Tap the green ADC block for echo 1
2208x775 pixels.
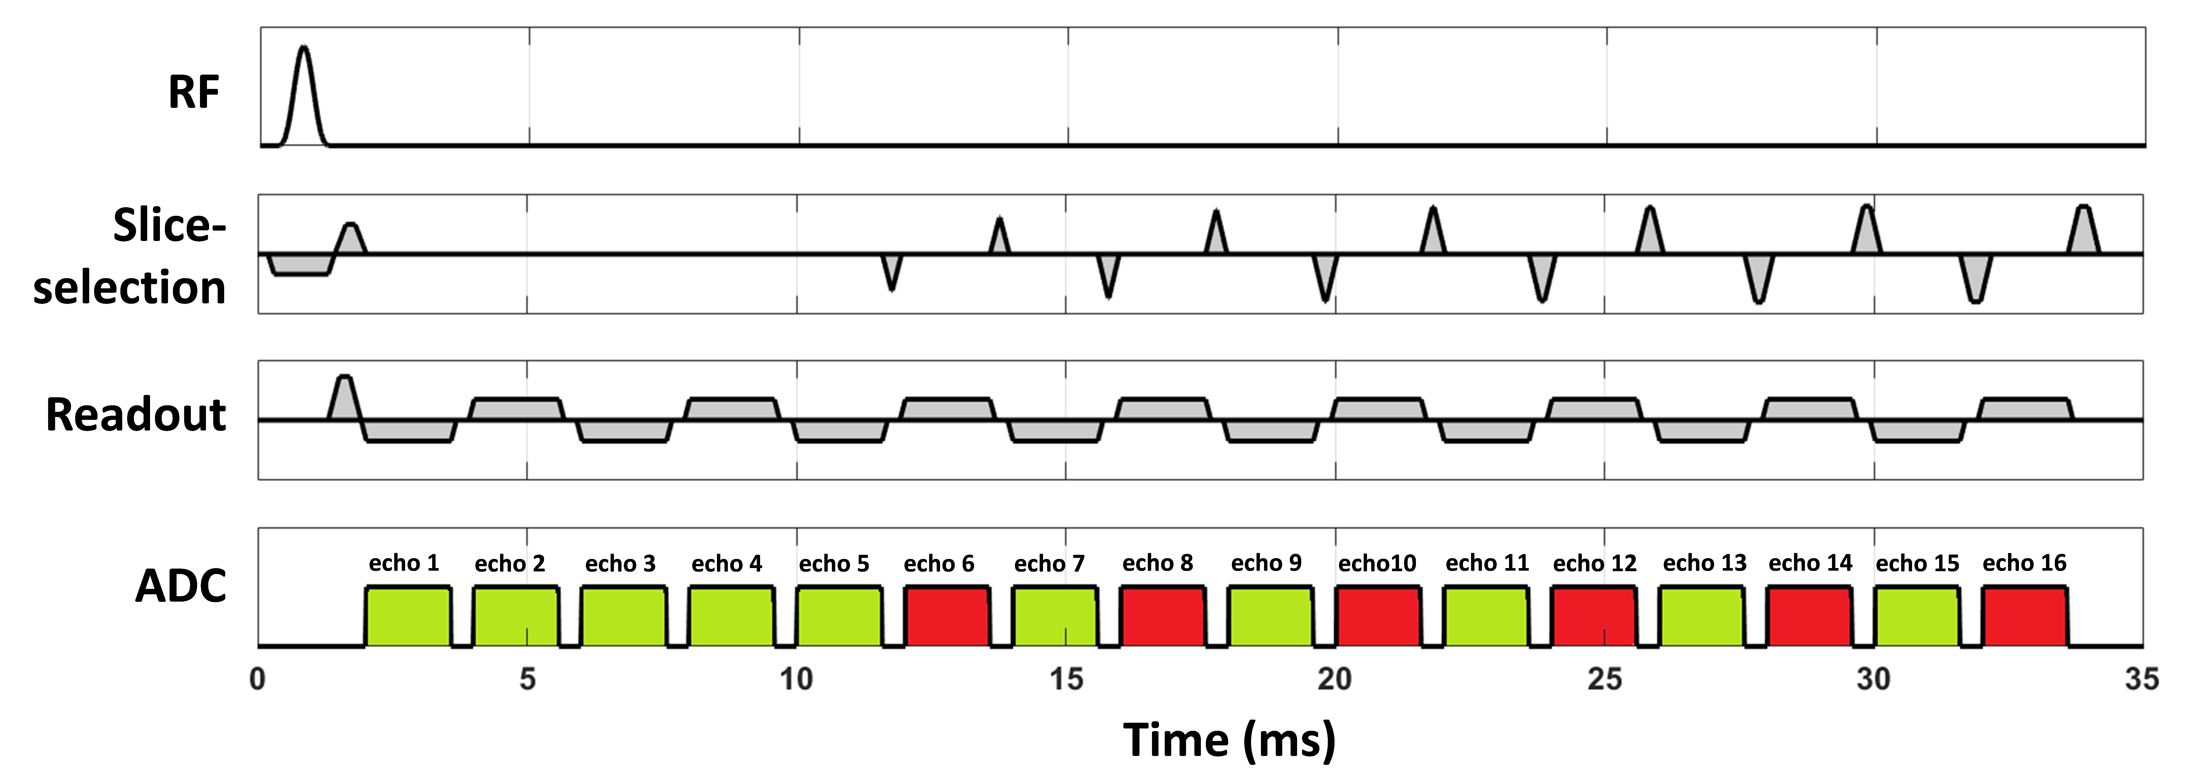tap(408, 616)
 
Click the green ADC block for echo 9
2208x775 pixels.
tap(1270, 616)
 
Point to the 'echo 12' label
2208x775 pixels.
tap(1594, 563)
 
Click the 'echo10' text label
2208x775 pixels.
tap(1377, 563)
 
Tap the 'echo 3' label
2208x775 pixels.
tap(620, 563)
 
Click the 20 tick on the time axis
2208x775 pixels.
tap(1335, 679)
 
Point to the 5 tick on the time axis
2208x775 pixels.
tap(527, 679)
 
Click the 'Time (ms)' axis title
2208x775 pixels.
tap(1229, 739)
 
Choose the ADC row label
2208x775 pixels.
tap(181, 587)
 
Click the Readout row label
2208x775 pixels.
tap(135, 415)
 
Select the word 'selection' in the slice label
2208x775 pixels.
tap(129, 287)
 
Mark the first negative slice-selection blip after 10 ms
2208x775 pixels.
tap(892, 273)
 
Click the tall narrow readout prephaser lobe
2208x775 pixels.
tap(344, 394)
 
